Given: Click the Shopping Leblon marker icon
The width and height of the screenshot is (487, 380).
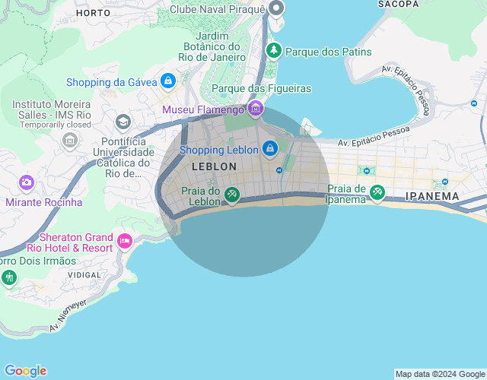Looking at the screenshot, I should (x=269, y=148).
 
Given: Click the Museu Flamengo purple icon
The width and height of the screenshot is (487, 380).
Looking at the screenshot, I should (x=255, y=109).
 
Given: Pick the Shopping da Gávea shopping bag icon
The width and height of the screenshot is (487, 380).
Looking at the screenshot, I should (x=168, y=81).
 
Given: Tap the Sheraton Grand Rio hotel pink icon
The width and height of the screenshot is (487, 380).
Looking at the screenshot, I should (x=125, y=242).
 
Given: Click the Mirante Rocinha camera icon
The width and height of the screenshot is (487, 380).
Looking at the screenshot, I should (x=27, y=182).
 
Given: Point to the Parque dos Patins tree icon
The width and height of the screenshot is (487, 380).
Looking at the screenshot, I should (x=273, y=51).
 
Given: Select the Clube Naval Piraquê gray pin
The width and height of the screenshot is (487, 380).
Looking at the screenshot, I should (x=275, y=9).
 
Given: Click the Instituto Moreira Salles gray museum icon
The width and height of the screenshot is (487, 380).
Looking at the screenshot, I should (x=70, y=140).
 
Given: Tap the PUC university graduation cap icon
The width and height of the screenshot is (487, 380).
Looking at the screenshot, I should (x=123, y=122).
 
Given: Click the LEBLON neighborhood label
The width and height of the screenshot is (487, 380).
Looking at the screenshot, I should (x=215, y=166).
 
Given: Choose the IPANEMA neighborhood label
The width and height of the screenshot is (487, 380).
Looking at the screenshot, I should (x=432, y=196).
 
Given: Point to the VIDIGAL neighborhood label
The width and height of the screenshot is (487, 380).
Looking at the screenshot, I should (x=84, y=274).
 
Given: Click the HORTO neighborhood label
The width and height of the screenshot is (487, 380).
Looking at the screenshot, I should (x=94, y=13).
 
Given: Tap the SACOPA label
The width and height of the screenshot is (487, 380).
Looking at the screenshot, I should (x=397, y=4).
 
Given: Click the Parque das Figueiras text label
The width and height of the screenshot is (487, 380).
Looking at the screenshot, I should (x=261, y=89).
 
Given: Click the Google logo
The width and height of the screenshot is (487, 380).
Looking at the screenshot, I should (x=25, y=371).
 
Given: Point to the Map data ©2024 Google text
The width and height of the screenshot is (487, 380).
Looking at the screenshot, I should (x=440, y=374).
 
